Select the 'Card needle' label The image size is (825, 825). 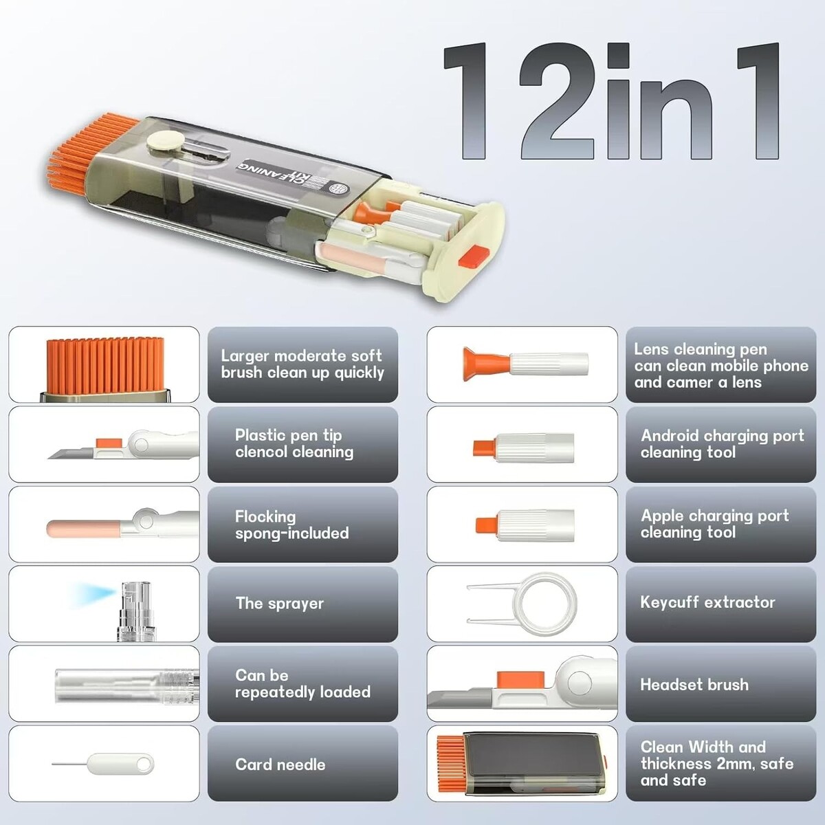tap(280, 764)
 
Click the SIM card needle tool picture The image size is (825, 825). tap(102, 764)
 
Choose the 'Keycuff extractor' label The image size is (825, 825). tap(707, 602)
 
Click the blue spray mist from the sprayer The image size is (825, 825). tap(95, 594)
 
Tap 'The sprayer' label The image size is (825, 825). tap(280, 603)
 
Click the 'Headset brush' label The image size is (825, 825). tap(694, 684)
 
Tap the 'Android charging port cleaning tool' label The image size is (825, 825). tap(723, 443)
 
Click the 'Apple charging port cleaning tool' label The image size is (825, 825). tap(714, 524)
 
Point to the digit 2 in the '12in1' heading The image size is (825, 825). tap(558, 101)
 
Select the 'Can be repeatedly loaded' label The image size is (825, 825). tap(302, 683)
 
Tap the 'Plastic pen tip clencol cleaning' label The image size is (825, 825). tap(294, 443)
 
